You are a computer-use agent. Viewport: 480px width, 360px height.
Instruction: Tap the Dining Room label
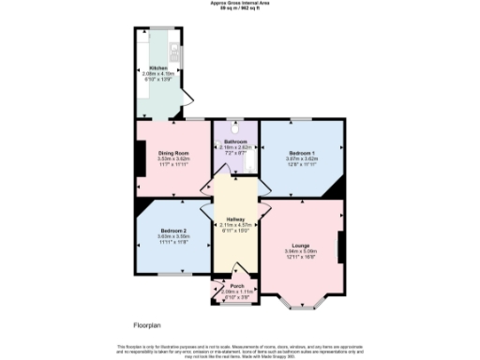coord(173,153)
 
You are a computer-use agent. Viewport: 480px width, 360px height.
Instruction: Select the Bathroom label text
coord(235,142)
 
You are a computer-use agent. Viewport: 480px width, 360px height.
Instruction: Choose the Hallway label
coord(235,219)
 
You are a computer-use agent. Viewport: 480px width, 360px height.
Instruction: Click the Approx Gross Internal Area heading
coord(239,4)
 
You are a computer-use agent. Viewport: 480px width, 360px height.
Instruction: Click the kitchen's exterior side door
coord(187,96)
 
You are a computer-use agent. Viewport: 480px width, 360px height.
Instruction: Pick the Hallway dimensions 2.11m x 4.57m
coord(235,225)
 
